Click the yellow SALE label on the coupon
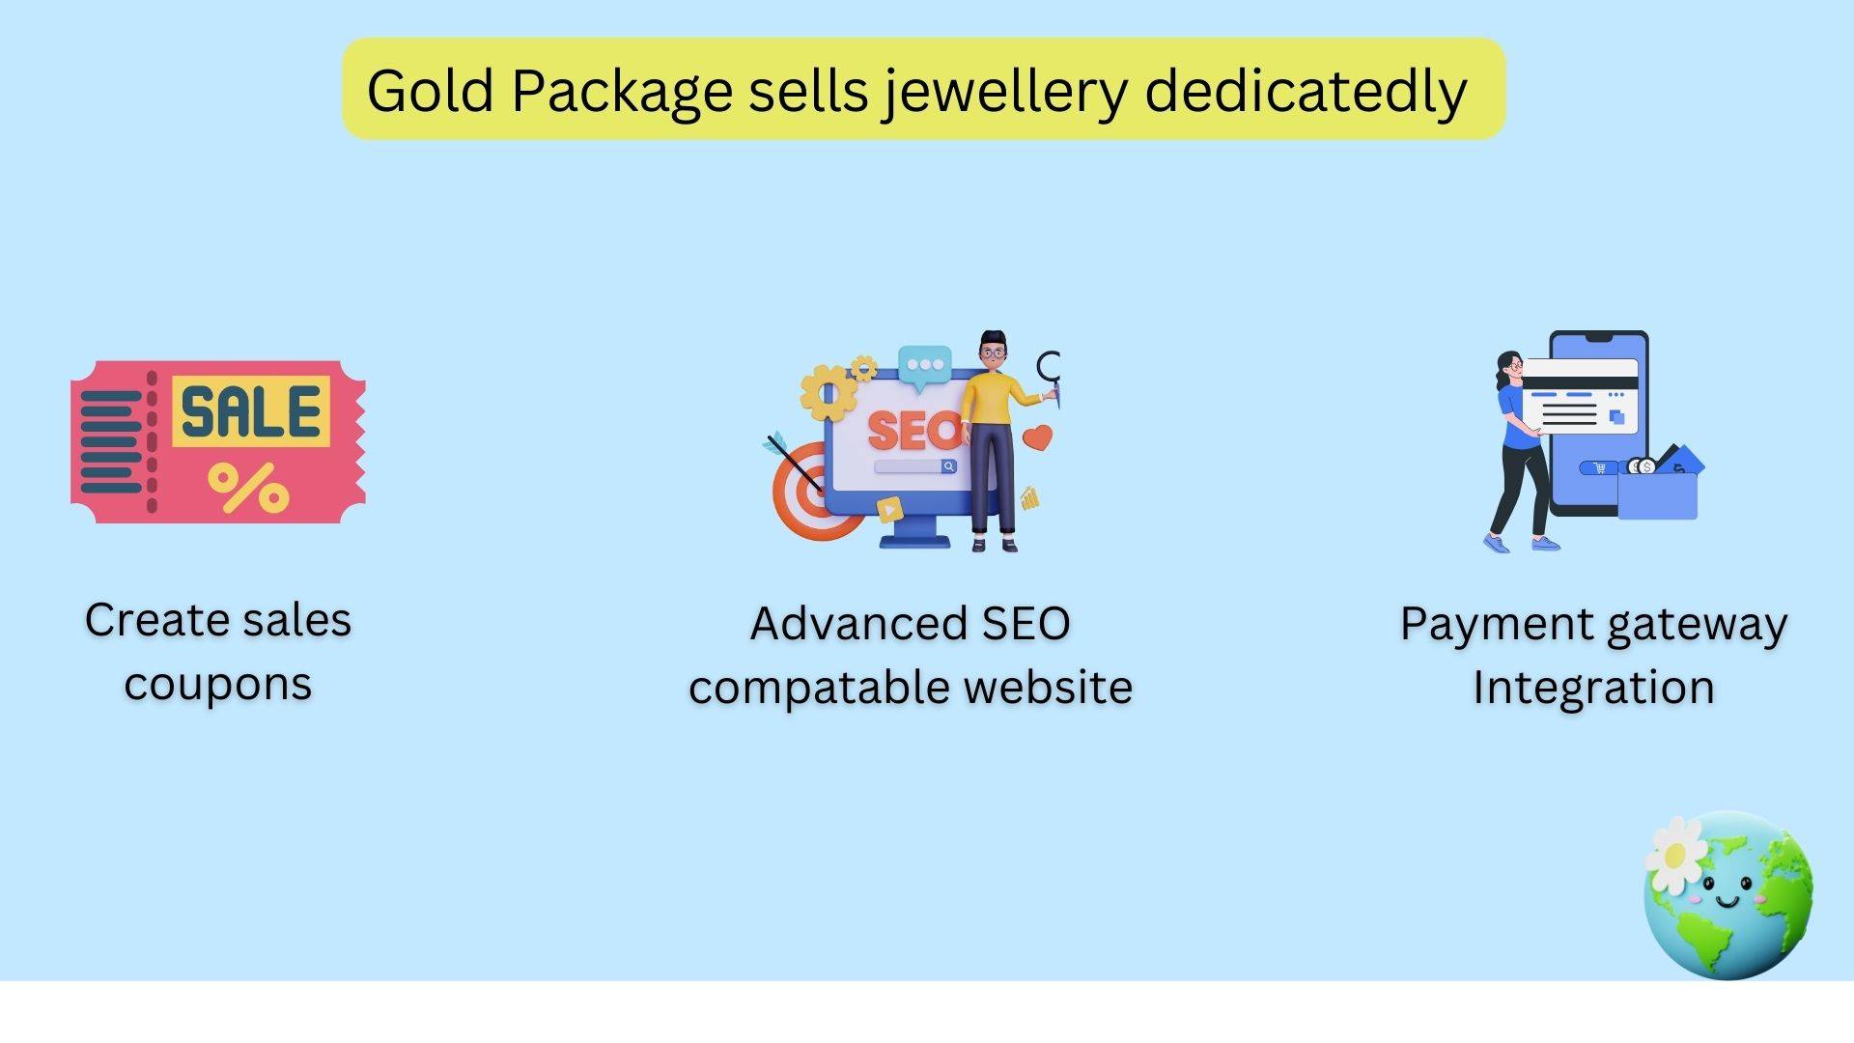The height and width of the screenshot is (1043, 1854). [x=251, y=412]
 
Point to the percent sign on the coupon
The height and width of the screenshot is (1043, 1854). [x=248, y=487]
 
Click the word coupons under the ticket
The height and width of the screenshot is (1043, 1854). [x=217, y=686]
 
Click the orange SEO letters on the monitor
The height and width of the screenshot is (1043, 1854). [x=913, y=430]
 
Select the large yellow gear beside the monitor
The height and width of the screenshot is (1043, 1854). [x=828, y=392]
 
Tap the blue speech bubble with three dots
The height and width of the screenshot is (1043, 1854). [x=925, y=368]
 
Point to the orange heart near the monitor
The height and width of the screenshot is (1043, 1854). [x=1037, y=437]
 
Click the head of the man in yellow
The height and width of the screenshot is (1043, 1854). [x=993, y=350]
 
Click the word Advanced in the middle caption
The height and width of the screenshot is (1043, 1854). [x=858, y=624]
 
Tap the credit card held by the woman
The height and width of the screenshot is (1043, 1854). [x=1580, y=396]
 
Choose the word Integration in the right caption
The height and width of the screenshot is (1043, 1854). [x=1593, y=689]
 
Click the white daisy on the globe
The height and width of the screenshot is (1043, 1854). [x=1676, y=855]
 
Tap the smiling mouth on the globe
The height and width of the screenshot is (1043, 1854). [x=1728, y=903]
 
